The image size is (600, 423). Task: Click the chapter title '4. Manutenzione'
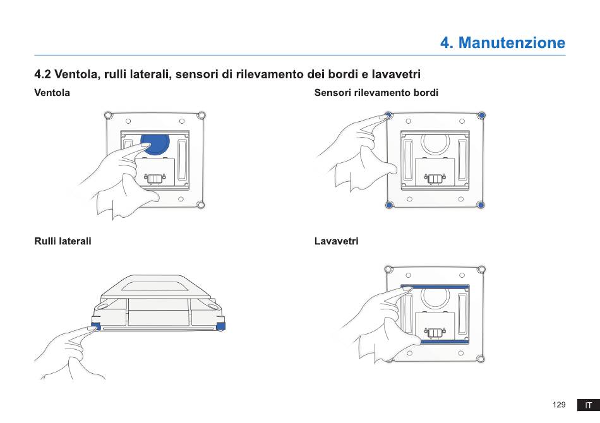coord(503,42)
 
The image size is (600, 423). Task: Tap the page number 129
coord(559,405)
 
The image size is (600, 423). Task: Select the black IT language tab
coord(589,405)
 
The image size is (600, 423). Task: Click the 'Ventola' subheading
coord(52,93)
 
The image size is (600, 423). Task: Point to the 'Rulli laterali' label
coord(63,241)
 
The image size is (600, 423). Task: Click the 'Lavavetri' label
coord(337,241)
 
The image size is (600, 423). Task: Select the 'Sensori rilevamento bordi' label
coord(376,93)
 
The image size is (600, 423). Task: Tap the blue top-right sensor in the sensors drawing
coord(482,115)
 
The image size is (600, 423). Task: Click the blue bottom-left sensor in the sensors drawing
coord(389,205)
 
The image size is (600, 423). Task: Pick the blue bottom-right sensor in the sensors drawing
coord(481,205)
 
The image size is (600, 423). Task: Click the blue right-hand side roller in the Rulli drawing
coord(221,326)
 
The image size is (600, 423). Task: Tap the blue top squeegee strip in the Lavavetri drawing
coord(435,287)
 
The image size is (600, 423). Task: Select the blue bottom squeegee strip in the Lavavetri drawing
coord(444,341)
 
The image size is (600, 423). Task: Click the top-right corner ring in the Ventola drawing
coord(201,116)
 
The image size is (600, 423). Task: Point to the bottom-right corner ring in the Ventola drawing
coord(200,205)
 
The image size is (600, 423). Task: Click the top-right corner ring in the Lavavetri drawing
coord(481,270)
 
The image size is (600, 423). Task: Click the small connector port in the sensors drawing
coord(435,179)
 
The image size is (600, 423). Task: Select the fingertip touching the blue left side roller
coord(92,328)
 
